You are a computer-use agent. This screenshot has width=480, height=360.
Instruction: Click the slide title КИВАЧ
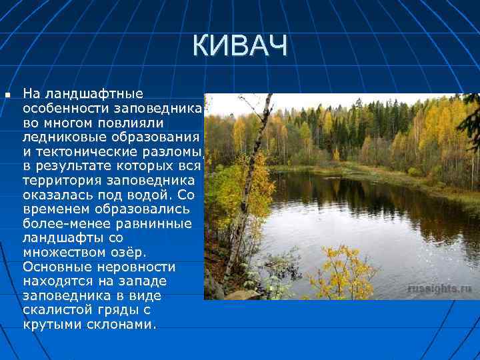tap(240, 47)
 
